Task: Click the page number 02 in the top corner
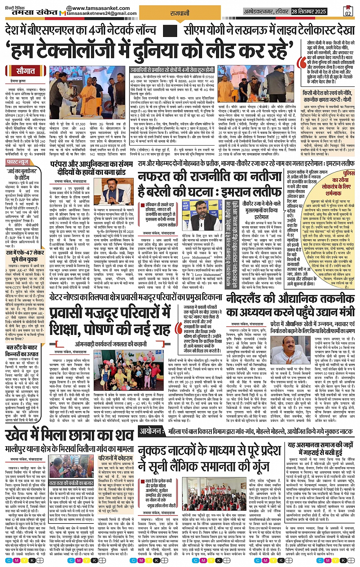pos(347,11)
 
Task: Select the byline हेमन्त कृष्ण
pos(18,82)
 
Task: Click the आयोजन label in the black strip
pos(150,431)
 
